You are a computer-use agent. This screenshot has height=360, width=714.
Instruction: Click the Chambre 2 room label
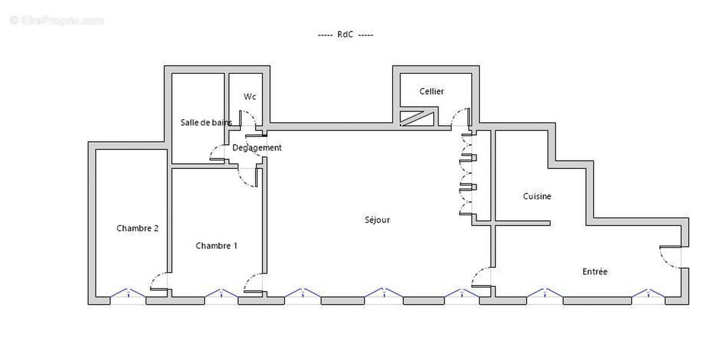coord(137,228)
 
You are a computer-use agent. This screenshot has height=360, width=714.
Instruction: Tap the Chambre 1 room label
coord(217,246)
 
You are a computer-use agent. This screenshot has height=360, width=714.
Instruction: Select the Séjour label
coord(377,220)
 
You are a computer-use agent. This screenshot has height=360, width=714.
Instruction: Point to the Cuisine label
coord(537,196)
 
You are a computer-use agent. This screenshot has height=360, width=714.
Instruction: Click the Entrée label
coord(595,271)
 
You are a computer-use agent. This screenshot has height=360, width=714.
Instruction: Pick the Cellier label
coord(431,91)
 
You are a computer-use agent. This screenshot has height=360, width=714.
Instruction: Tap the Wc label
coord(249,96)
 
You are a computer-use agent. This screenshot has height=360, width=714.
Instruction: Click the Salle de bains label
coord(206,123)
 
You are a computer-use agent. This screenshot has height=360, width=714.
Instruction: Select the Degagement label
coord(257,148)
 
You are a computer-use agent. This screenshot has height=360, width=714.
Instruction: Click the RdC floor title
coord(345,35)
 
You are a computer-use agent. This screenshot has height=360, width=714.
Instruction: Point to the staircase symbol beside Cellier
coord(417,118)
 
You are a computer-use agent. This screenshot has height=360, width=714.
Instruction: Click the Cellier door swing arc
coord(460,117)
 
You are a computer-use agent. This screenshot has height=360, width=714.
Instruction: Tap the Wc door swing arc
coord(248,117)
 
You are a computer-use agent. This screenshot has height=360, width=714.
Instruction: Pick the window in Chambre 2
coord(127,293)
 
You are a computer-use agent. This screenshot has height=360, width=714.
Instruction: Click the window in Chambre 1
coord(221,293)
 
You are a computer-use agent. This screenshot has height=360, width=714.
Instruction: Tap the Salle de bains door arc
coord(217,154)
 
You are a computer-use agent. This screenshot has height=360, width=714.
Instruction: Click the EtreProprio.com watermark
coord(57,21)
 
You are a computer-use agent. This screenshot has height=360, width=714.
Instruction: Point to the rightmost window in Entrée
coord(648,293)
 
